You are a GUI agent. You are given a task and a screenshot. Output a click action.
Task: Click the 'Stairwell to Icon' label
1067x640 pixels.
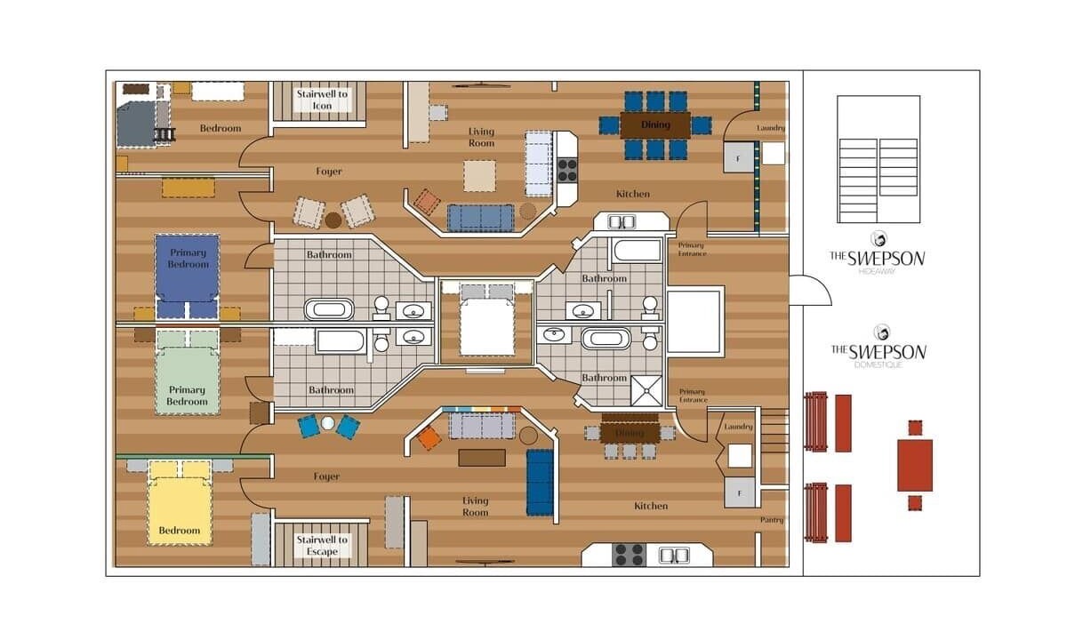pos(322,100)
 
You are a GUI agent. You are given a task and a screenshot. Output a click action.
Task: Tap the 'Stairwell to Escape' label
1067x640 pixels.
pos(322,545)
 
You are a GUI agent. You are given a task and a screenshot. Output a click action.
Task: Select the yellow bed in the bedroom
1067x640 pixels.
pos(180,502)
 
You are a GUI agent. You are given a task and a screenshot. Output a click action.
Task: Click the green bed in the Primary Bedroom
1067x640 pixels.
pos(188,372)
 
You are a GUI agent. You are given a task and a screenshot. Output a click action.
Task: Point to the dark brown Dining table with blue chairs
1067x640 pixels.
pos(655,124)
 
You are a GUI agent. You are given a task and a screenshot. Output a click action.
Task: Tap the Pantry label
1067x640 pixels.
pos(772,519)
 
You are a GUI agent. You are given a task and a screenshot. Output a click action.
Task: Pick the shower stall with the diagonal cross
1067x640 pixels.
pos(646,390)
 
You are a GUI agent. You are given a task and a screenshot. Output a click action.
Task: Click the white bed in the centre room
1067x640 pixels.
pos(487,319)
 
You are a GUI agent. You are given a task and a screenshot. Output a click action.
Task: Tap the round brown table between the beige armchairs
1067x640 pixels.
pos(333,220)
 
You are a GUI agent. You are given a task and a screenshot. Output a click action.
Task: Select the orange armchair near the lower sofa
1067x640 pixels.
pos(429,438)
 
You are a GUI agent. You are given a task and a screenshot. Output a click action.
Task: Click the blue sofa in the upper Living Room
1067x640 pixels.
pos(481,218)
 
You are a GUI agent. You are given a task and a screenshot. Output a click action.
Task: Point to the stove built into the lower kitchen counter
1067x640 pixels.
pos(629,555)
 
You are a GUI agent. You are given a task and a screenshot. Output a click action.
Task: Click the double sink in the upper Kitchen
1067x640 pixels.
pos(622,222)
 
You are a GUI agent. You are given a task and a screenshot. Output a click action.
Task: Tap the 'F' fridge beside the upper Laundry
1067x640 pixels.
pos(739,157)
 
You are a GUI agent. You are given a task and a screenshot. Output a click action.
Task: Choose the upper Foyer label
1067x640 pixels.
pos(329,171)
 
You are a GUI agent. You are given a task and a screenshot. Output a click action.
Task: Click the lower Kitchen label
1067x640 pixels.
pos(651,506)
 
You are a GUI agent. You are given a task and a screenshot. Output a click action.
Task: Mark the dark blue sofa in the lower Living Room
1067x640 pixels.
pos(541,483)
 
